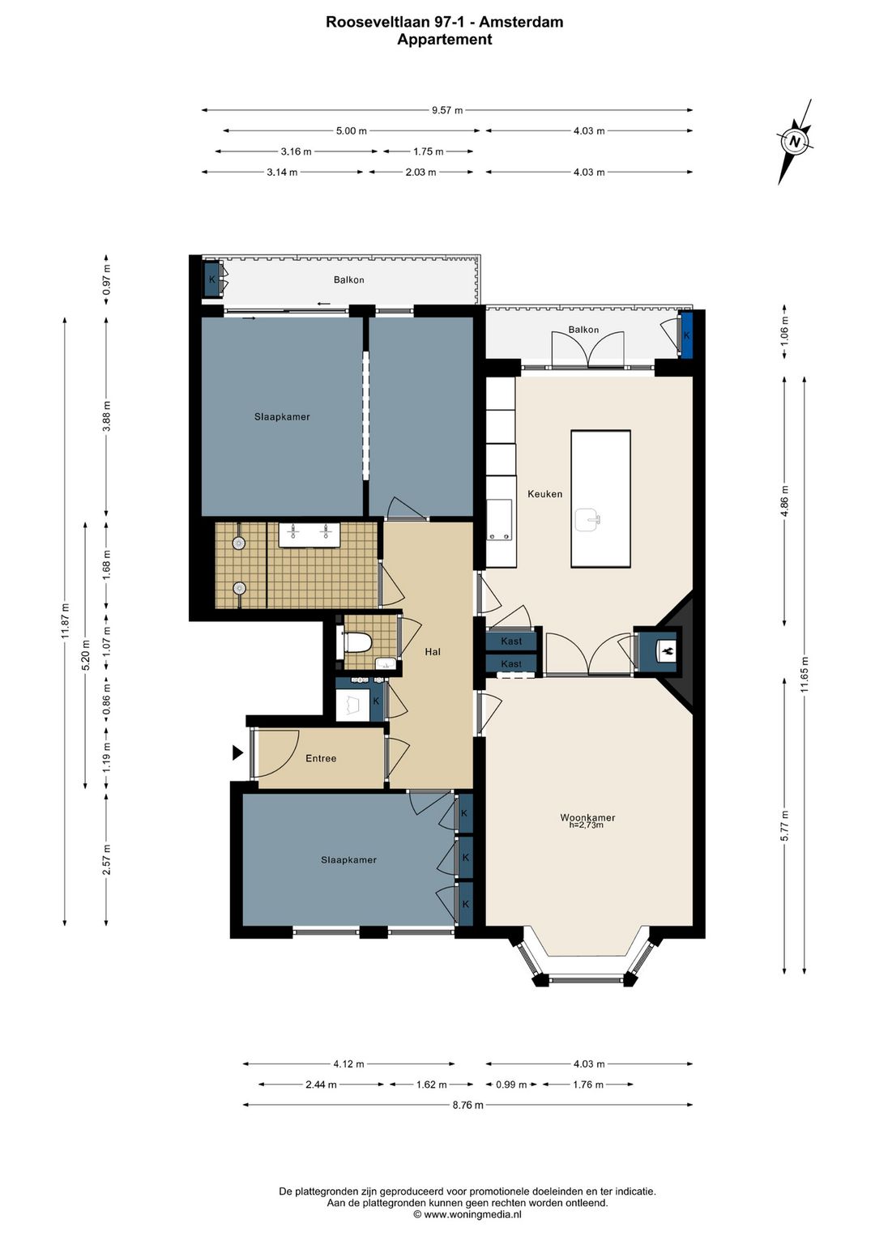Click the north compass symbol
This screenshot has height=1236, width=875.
pos(795,142)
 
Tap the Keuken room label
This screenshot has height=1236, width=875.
pos(544,493)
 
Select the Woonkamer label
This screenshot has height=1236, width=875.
pos(587,818)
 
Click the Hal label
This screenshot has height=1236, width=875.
pos(433,651)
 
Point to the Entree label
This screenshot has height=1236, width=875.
pos(321,758)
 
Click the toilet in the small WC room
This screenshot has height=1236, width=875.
pos(357,643)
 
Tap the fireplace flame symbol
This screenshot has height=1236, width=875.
pos(666,649)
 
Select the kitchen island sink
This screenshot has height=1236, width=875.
pos(589,520)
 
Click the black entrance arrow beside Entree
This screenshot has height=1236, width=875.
pos(237,752)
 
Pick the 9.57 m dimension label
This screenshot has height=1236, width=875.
pos(447,110)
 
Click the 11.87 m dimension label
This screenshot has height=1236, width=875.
pos(66,621)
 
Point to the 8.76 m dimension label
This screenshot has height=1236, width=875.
pos(467,1105)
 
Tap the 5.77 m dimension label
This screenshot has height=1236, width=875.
pos(784,825)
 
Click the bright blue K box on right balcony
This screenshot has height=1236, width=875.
pos(687,335)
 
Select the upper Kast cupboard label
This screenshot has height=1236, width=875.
pos(511,641)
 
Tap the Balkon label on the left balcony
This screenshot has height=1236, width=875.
pos(349,280)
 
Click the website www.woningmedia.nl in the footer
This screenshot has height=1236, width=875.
pos(472,1214)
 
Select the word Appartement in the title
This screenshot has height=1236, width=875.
pos(444,40)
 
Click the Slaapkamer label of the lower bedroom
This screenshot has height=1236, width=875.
pos(348,860)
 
